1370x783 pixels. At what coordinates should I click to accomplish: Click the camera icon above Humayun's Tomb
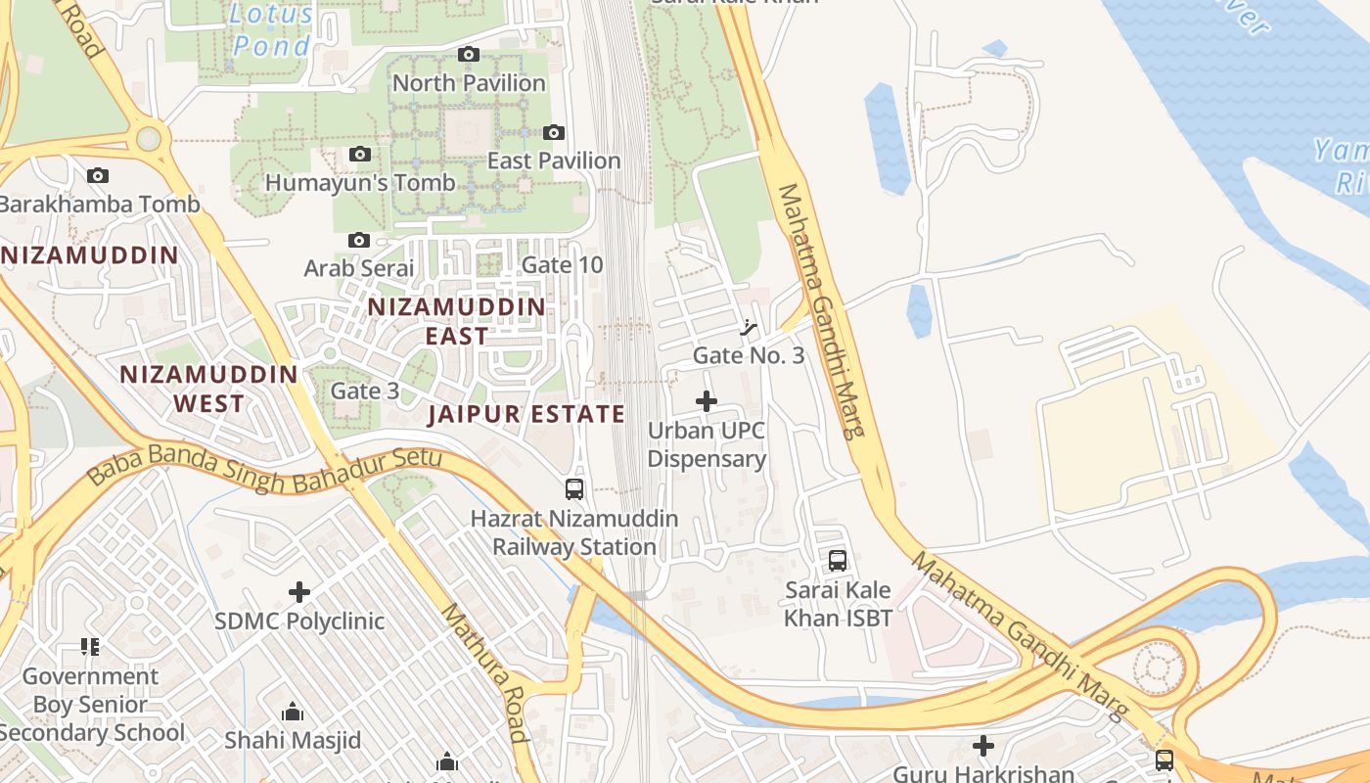coord(359,155)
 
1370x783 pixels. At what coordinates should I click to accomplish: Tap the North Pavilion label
coord(469,83)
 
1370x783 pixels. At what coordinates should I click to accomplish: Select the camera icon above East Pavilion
coord(554,132)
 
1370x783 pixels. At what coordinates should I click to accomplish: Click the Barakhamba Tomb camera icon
coord(97,176)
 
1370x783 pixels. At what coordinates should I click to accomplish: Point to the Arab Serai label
coord(359,267)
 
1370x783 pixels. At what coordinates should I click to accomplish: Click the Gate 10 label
coord(562,265)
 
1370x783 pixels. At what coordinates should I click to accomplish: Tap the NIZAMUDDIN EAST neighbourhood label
coord(456,321)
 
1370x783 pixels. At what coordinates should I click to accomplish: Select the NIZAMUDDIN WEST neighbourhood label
coord(208,389)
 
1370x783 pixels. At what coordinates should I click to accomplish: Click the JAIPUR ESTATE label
coord(526,414)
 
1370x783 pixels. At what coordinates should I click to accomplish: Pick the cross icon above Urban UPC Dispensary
coord(706,401)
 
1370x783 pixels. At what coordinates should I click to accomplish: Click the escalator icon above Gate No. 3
coord(750,328)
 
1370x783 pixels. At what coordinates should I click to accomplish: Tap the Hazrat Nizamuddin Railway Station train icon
coord(574,488)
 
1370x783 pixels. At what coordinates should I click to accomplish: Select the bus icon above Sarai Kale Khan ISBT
coord(838,561)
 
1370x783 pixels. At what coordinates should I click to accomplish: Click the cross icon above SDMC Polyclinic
coord(299,592)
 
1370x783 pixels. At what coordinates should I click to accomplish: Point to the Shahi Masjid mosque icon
coord(292,712)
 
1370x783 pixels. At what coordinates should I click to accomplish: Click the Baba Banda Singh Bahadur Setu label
coord(264,470)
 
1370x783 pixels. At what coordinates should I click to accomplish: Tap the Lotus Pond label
coord(272,29)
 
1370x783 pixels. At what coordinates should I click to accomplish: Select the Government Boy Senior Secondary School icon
coord(90,647)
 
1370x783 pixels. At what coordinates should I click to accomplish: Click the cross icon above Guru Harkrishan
coord(983,747)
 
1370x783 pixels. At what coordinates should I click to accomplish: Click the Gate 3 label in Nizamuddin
coord(365,391)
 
